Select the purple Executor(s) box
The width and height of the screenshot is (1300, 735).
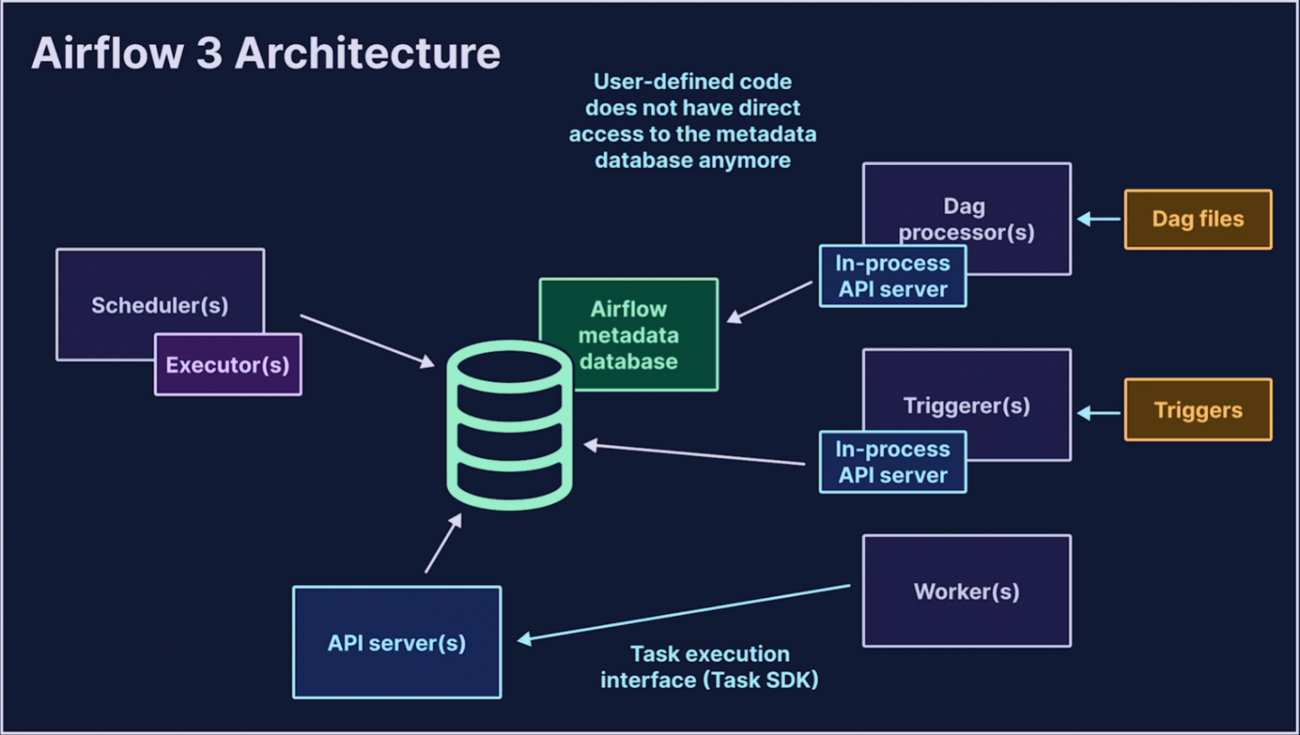[x=227, y=365]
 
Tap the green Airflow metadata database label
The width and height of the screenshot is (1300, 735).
[x=629, y=335]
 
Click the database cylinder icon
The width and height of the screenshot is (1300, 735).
[x=509, y=425]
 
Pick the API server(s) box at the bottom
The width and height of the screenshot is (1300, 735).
[x=397, y=642]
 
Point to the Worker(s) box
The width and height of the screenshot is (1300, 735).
[x=967, y=591]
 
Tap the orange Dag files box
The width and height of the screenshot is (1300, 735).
[x=1197, y=219]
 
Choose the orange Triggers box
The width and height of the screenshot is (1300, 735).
[x=1197, y=410]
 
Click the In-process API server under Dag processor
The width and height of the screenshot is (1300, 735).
[x=892, y=277]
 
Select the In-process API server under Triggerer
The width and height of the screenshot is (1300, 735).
[x=892, y=462]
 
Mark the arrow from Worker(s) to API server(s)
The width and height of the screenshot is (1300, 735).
[x=683, y=613]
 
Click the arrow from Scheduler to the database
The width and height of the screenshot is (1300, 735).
[x=367, y=340]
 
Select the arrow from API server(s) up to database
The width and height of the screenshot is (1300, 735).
[x=443, y=543]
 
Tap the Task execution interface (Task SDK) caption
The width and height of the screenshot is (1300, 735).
[x=709, y=667]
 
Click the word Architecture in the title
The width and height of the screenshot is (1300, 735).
[x=367, y=53]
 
